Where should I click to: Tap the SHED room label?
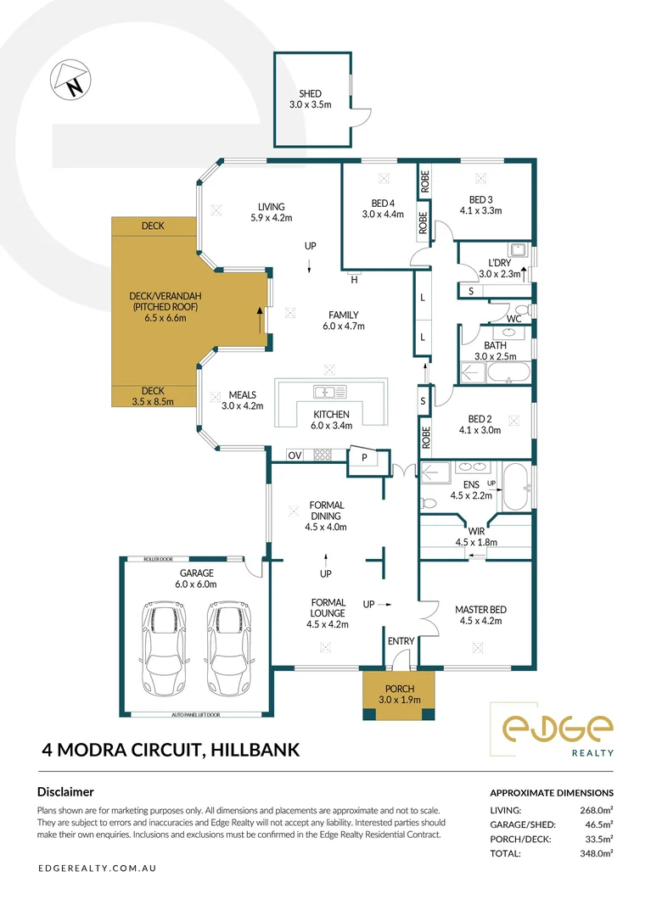[309, 94]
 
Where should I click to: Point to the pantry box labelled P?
[365, 458]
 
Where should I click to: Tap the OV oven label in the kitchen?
[295, 455]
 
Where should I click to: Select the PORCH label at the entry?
[398, 688]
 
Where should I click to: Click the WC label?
[514, 318]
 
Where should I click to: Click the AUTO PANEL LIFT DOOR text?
[195, 715]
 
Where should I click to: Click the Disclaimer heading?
[65, 791]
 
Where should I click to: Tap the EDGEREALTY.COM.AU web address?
[96, 869]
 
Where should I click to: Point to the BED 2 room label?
[480, 418]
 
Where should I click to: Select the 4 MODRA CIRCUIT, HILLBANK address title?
[170, 749]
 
